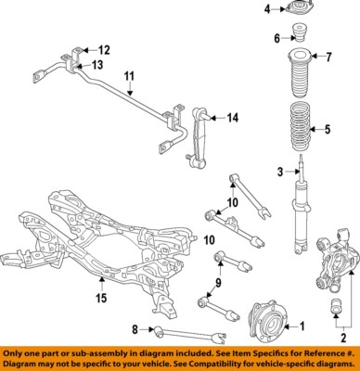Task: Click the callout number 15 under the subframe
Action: pyautogui.click(x=101, y=298)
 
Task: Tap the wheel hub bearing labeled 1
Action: pyautogui.click(x=268, y=322)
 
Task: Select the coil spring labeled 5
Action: pyautogui.click(x=300, y=126)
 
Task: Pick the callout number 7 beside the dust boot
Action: pyautogui.click(x=328, y=58)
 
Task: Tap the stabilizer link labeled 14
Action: pyautogui.click(x=197, y=137)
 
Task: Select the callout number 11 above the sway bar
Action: pyautogui.click(x=130, y=76)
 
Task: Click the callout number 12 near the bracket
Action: pyautogui.click(x=104, y=50)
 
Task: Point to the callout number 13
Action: pyautogui.click(x=97, y=65)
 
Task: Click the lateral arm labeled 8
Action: pyautogui.click(x=189, y=336)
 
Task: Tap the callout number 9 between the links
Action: pyautogui.click(x=218, y=283)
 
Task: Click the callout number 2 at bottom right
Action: pyautogui.click(x=343, y=338)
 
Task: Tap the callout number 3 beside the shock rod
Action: pyautogui.click(x=280, y=172)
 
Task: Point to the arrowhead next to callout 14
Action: pyautogui.click(x=212, y=118)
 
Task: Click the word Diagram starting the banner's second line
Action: pyautogui.click(x=19, y=364)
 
